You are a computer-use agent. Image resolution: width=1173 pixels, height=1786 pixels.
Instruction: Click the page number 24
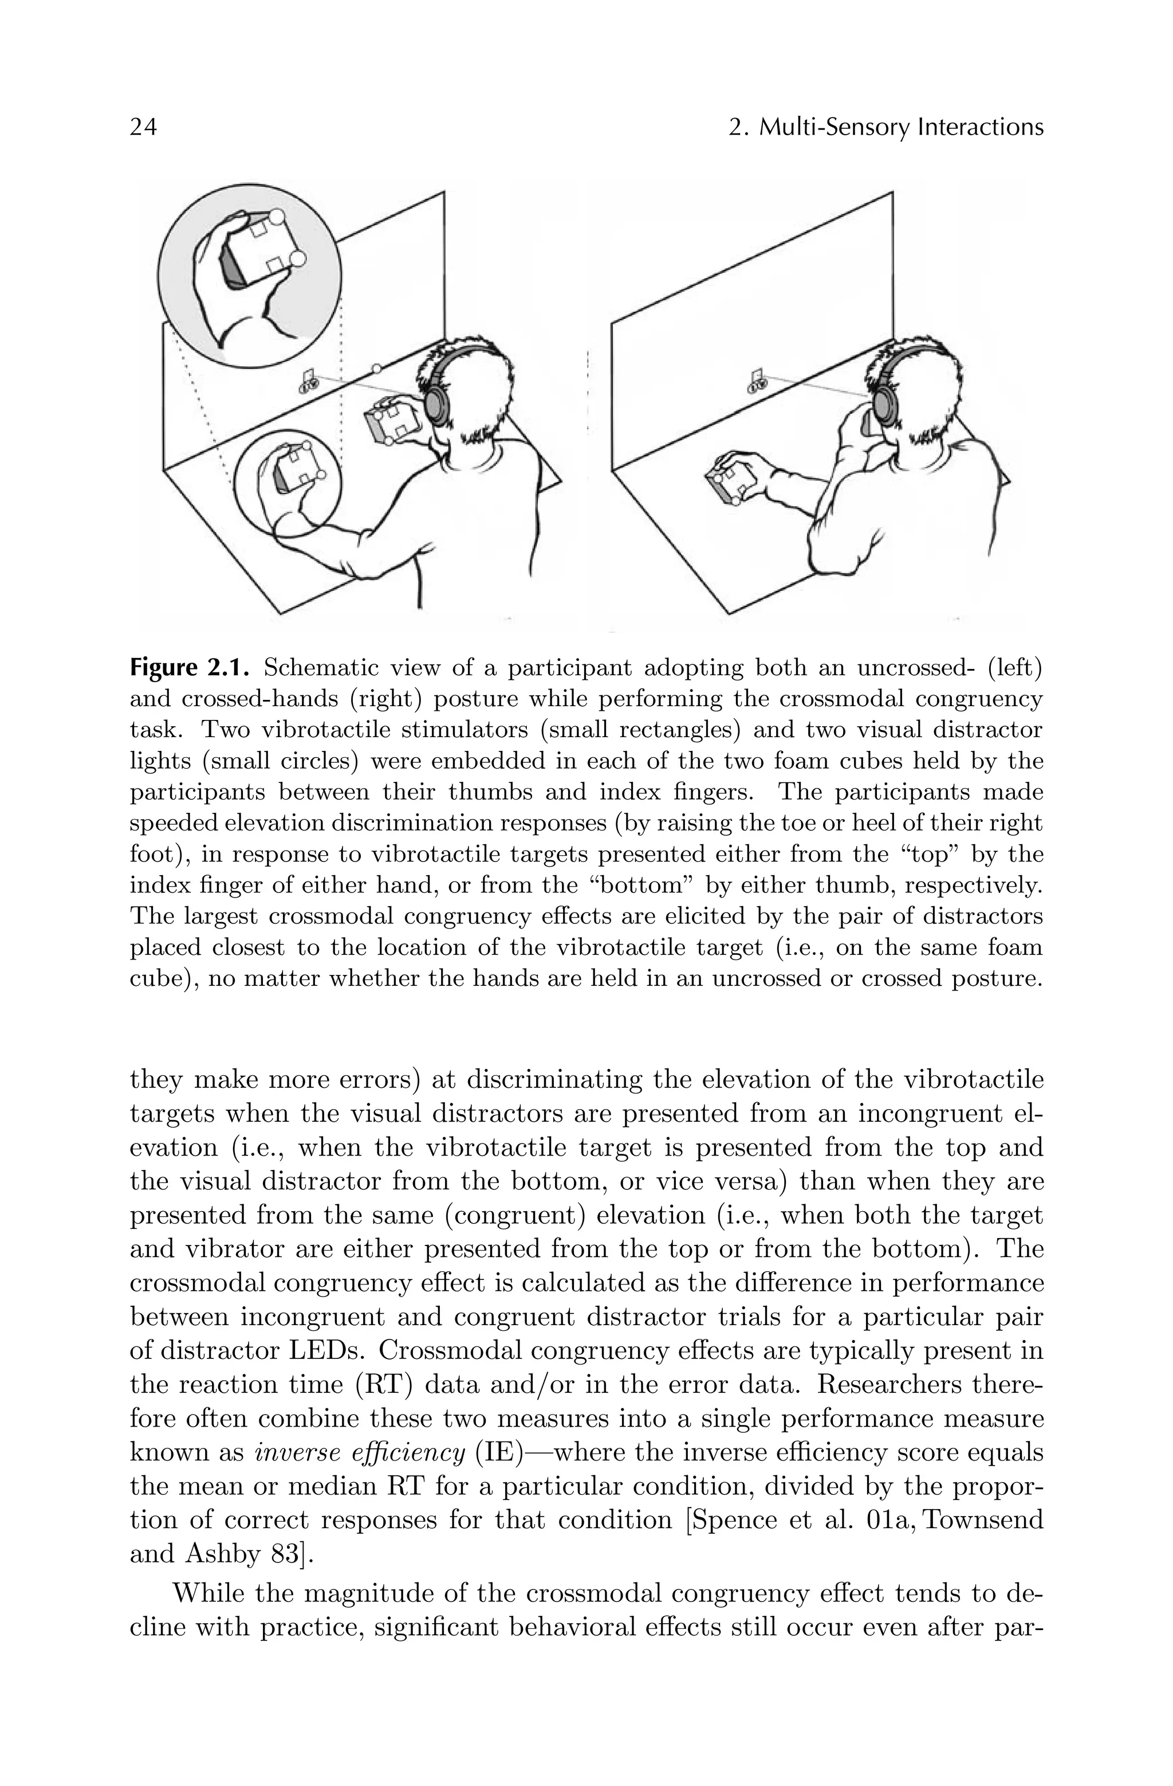(x=143, y=128)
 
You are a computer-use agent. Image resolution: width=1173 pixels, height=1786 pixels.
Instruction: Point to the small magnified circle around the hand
(x=288, y=482)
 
